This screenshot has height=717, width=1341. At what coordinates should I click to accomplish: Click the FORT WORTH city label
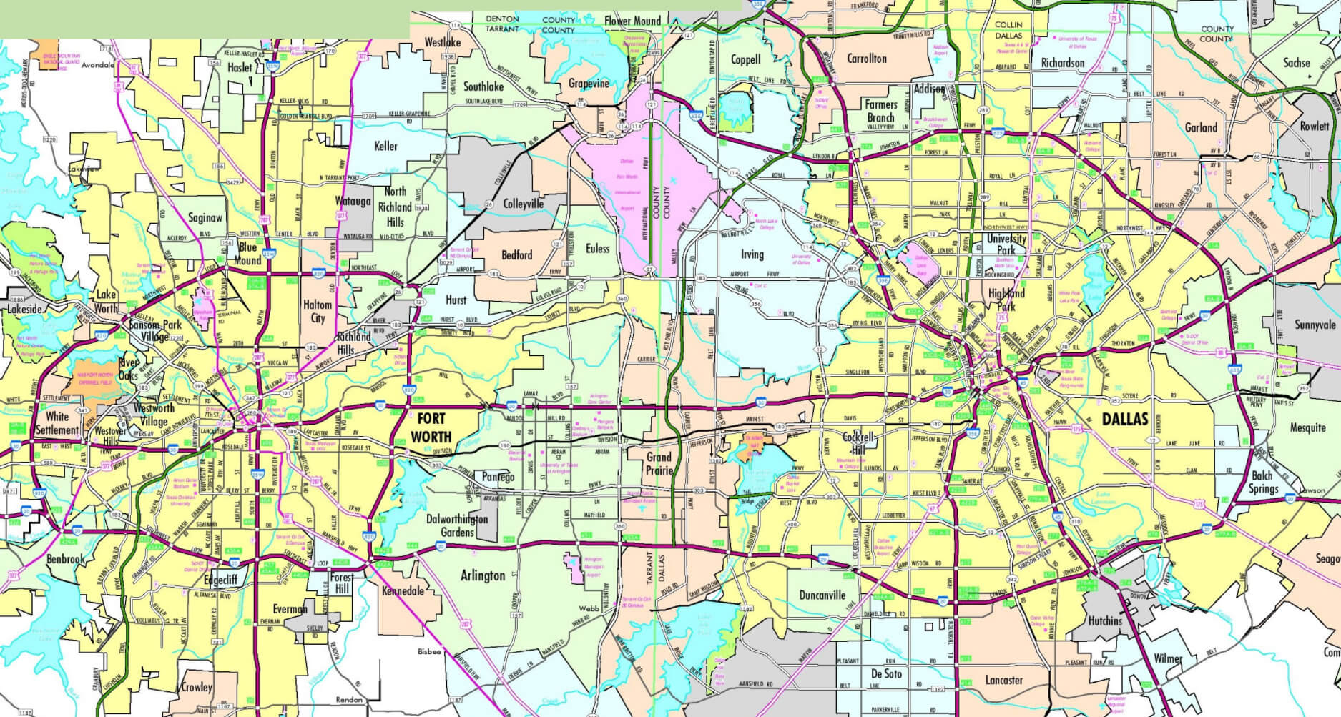click(x=431, y=428)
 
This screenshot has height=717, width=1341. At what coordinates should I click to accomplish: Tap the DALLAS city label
click(x=1124, y=420)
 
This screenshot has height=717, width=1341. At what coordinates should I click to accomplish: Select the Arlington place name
click(x=483, y=575)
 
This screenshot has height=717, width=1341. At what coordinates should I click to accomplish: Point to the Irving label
click(x=752, y=254)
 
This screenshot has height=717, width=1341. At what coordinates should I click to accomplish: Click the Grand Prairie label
click(x=659, y=463)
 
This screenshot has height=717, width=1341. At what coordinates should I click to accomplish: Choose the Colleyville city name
click(x=524, y=204)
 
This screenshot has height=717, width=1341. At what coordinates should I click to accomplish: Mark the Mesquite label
click(x=1307, y=427)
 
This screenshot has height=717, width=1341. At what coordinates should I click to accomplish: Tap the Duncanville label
click(x=822, y=595)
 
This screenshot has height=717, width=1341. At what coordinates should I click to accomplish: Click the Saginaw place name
click(x=205, y=217)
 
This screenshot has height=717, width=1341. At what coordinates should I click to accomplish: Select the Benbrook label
click(x=65, y=559)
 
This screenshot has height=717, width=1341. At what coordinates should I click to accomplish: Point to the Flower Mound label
click(x=632, y=21)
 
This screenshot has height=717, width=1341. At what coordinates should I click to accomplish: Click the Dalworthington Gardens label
click(x=457, y=525)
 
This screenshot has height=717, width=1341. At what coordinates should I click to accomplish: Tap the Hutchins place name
click(x=1105, y=620)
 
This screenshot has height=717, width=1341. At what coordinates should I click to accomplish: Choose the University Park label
click(x=1006, y=244)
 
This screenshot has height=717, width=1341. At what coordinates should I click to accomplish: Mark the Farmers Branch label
click(x=880, y=111)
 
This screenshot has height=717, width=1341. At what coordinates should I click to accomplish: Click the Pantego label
click(x=498, y=477)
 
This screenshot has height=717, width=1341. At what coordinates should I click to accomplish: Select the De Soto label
click(x=886, y=674)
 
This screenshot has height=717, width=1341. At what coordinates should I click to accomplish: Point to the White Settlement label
click(x=57, y=423)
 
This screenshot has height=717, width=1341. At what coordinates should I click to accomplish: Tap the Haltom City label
click(x=318, y=311)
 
